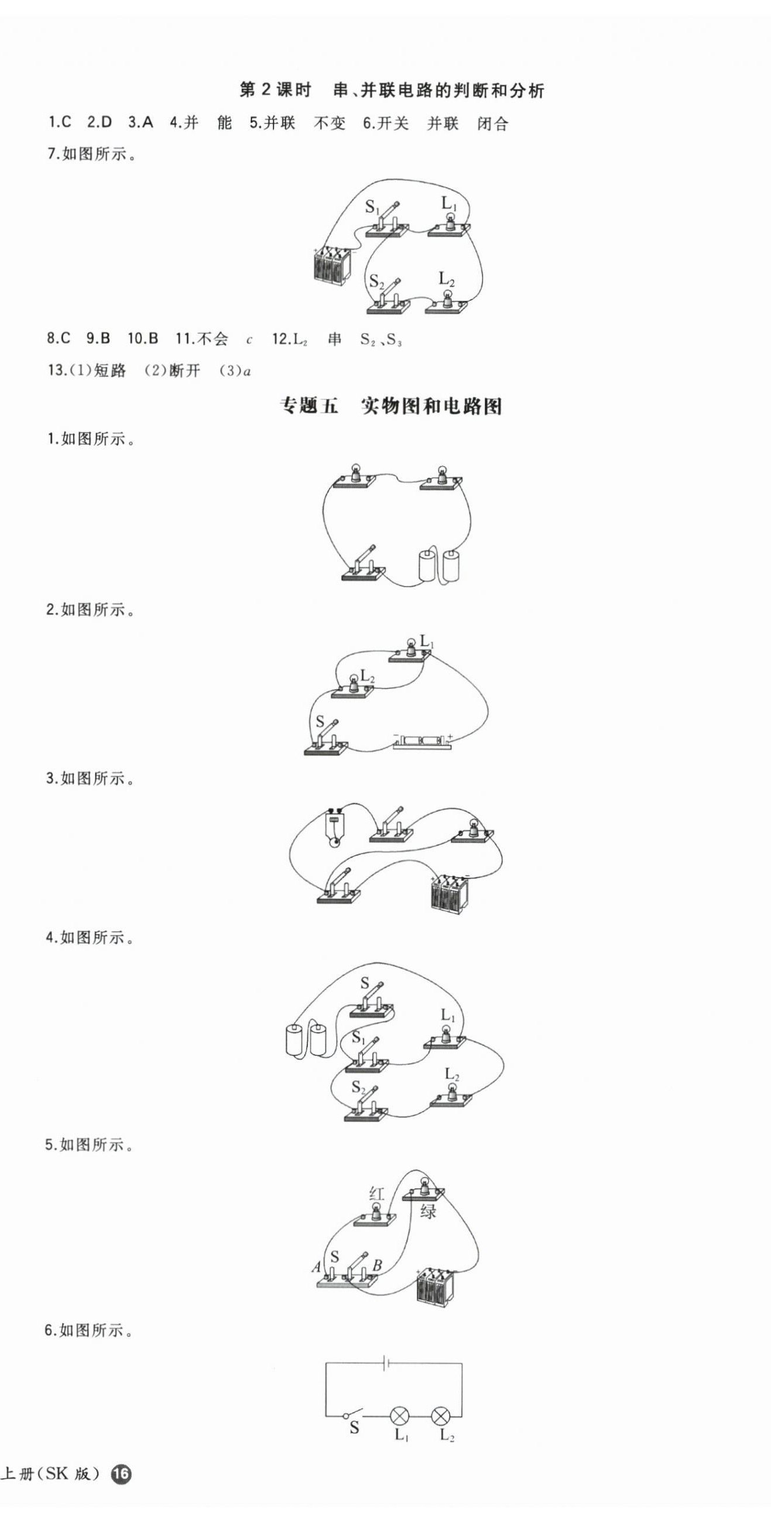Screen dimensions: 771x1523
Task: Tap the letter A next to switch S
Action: [316, 1267]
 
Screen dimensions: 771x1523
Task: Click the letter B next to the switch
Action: [376, 1265]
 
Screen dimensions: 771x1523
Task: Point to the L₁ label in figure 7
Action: [450, 204]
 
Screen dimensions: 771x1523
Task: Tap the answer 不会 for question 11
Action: [213, 339]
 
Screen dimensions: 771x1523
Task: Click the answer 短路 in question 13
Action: [111, 371]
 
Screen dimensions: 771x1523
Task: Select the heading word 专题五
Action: [308, 406]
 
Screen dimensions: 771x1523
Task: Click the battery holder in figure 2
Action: [422, 742]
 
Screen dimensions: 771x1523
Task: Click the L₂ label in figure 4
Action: [452, 1074]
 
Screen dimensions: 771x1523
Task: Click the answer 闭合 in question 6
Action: [492, 124]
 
